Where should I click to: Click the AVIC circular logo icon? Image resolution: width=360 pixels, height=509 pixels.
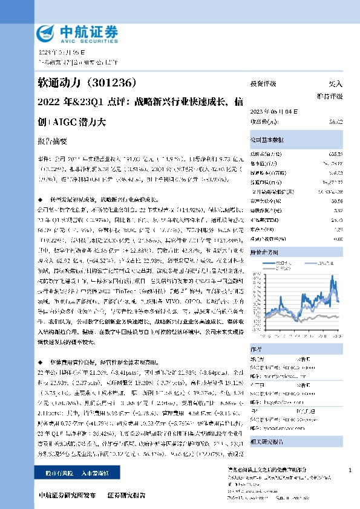(47, 31)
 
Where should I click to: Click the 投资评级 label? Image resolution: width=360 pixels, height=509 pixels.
(264, 84)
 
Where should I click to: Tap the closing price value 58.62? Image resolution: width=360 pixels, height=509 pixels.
(335, 122)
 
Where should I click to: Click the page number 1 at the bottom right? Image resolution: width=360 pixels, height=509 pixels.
(350, 453)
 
